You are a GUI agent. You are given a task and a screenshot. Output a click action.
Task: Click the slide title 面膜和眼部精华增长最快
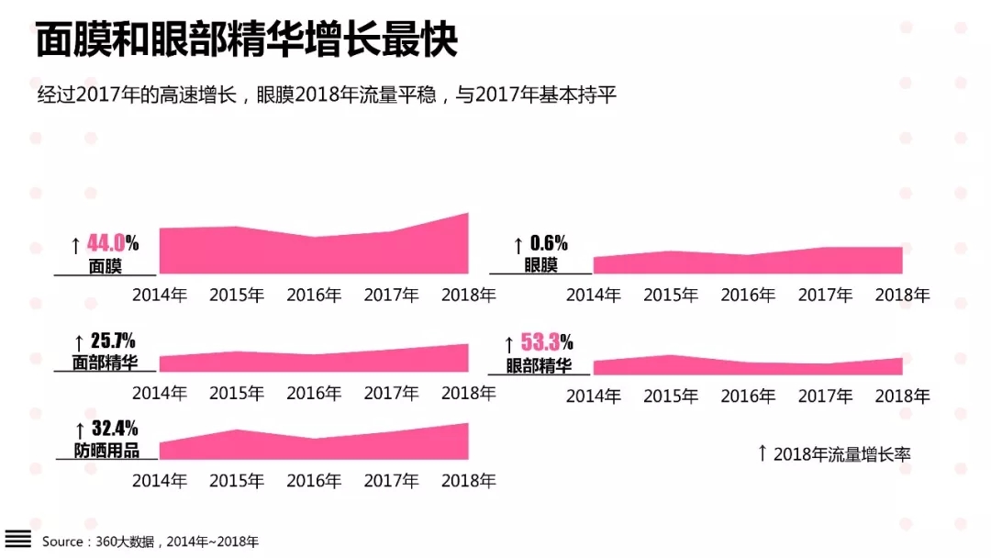[x=246, y=41]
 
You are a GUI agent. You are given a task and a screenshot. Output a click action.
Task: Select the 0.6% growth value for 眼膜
[x=549, y=243]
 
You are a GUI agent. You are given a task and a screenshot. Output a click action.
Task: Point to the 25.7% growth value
[x=114, y=341]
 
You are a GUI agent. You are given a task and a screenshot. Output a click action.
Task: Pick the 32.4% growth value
[x=115, y=429]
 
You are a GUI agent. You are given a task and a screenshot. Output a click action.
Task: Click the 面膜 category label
[x=106, y=266]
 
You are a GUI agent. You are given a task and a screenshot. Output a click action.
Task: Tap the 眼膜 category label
[x=540, y=265]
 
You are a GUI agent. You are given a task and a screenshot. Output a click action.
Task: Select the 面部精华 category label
[x=106, y=363]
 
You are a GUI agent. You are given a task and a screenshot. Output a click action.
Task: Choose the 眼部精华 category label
[x=539, y=365]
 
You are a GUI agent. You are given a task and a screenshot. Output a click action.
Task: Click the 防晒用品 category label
[x=106, y=451]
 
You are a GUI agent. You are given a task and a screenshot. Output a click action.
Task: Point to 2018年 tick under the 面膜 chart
[x=468, y=296]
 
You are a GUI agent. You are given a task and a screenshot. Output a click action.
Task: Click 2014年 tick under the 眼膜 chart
[x=593, y=296]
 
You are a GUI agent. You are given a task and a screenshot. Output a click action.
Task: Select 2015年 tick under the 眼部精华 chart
[x=671, y=396]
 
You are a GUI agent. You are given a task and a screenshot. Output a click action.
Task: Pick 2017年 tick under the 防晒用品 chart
[x=391, y=481]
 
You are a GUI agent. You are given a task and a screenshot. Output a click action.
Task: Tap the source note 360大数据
[x=129, y=541]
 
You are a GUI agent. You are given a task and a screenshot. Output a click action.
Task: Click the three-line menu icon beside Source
[x=18, y=539]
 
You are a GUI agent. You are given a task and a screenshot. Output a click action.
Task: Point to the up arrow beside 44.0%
[x=75, y=245]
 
